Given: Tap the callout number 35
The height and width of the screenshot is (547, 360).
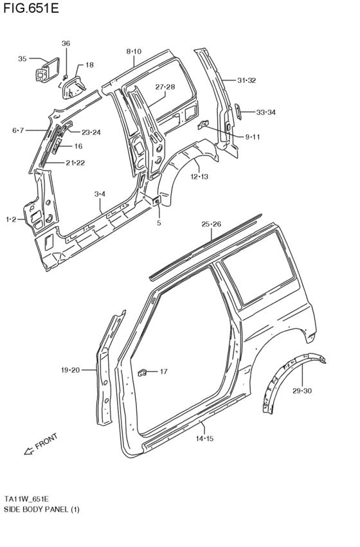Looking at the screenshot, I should [x=22, y=59].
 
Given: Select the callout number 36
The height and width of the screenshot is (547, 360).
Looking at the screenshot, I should [x=66, y=43].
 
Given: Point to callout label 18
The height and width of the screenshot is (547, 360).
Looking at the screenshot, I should [x=89, y=65].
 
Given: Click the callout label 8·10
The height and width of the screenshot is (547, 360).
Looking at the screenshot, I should [x=134, y=51].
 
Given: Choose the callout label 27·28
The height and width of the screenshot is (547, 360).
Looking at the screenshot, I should [x=165, y=87].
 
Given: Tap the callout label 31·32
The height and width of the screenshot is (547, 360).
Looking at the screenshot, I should [x=246, y=80].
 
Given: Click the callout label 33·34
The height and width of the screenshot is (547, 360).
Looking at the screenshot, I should [x=265, y=112].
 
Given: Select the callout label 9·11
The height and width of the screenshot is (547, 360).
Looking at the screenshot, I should [x=253, y=137].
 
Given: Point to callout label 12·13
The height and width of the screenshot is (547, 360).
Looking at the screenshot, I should [x=199, y=176].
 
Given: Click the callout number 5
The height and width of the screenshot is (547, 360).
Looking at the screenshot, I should [x=158, y=223].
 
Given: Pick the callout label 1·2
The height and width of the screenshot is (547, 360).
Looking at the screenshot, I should [x=11, y=220].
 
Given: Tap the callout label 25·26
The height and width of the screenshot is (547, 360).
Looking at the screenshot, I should [x=211, y=224].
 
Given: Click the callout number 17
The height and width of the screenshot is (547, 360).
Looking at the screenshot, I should [x=163, y=371].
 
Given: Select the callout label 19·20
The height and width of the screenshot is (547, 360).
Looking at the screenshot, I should [x=70, y=370].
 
